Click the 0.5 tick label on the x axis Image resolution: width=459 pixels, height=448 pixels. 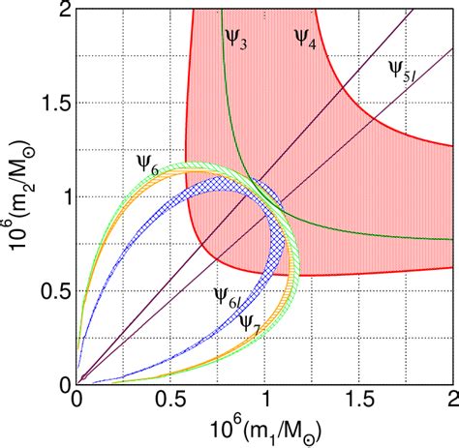coord(170,399)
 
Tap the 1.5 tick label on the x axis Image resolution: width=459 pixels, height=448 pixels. coord(359,399)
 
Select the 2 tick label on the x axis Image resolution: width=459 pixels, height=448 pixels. coord(452,399)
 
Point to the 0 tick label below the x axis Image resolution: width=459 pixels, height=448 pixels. coord(76,399)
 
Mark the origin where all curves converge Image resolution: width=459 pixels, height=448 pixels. coord(77,383)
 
